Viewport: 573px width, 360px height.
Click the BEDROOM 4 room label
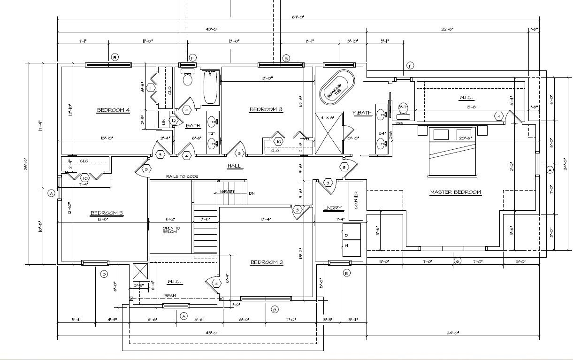click(x=113, y=110)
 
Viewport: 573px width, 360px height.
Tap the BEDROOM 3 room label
click(x=266, y=110)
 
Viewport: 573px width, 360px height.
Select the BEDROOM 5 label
click(x=107, y=213)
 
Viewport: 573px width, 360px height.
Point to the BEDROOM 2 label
click(x=267, y=262)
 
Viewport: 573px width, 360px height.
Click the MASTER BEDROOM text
click(x=455, y=192)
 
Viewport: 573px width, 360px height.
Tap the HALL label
click(x=235, y=166)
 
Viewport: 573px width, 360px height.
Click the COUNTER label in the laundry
click(x=356, y=199)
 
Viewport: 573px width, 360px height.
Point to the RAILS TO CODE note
click(x=182, y=176)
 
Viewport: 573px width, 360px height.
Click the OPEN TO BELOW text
click(x=171, y=230)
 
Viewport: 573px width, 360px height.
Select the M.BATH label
click(x=362, y=113)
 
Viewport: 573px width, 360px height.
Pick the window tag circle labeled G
click(x=458, y=261)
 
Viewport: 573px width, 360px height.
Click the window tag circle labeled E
click(x=347, y=273)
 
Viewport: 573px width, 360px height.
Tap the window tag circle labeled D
click(x=104, y=274)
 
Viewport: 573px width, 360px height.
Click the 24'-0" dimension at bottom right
click(x=452, y=333)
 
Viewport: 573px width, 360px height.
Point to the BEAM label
click(x=170, y=296)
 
